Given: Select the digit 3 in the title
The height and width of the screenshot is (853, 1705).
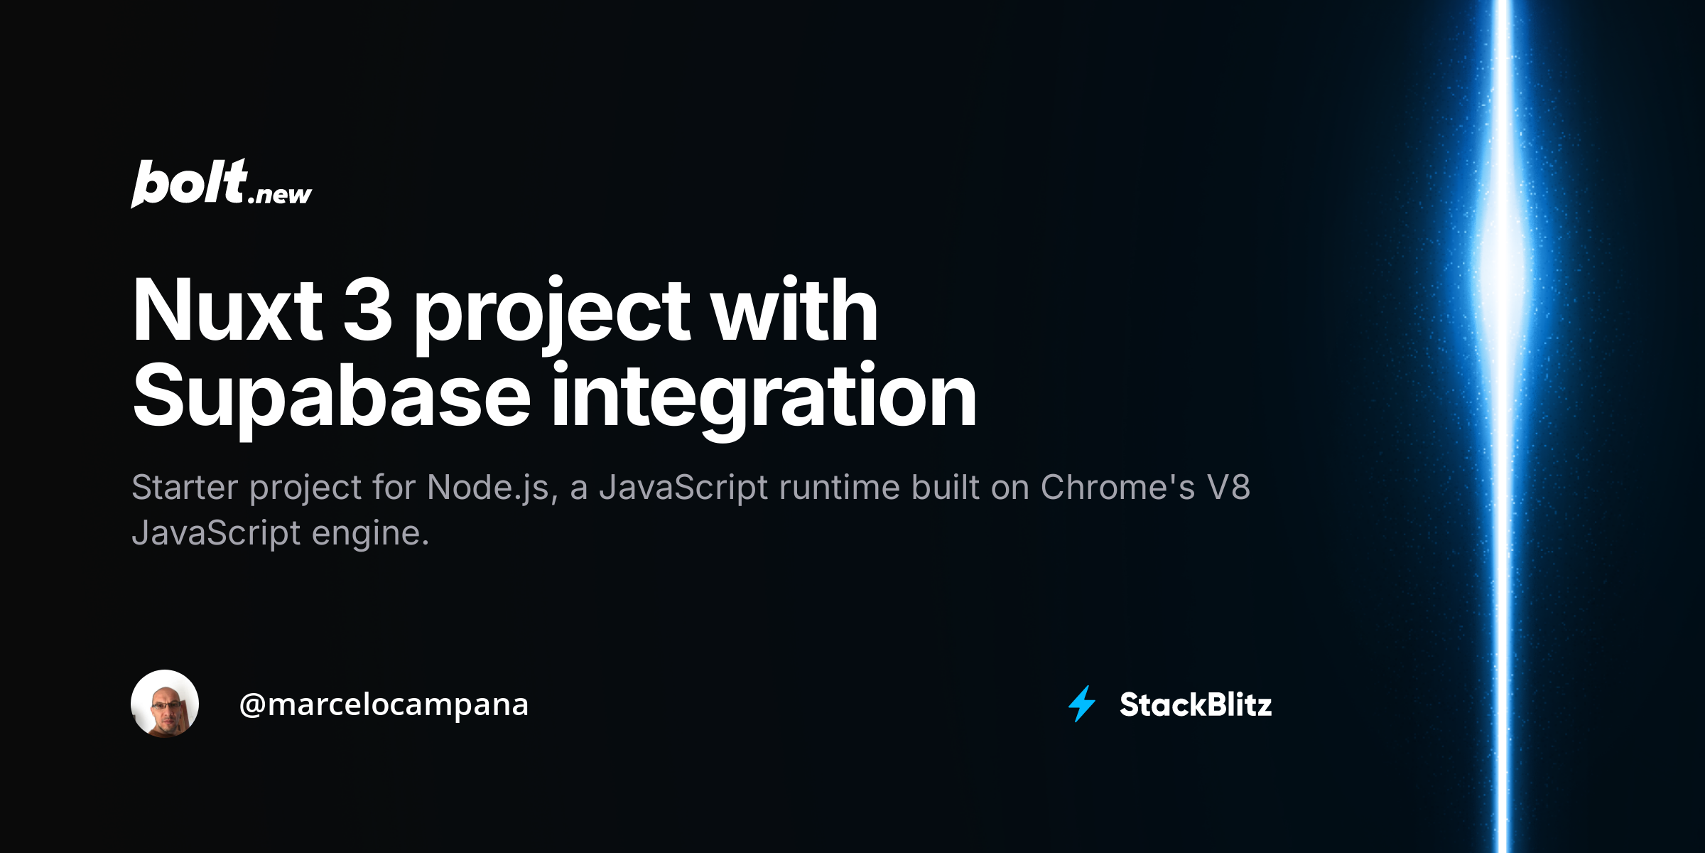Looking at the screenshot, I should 367,311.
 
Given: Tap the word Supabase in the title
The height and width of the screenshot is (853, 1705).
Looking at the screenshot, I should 331,397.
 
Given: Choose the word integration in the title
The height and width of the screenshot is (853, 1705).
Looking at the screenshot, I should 764,397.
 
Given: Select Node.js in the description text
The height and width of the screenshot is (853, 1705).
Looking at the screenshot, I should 488,488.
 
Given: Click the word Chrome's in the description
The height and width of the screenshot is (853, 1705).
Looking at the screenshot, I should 1117,488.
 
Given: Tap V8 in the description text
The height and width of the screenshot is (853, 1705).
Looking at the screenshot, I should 1228,488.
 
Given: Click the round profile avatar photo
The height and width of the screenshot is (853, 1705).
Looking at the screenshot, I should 165,704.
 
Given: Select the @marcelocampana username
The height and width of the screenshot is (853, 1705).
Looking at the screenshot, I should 384,704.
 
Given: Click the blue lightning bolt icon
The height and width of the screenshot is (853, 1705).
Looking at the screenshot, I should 1082,704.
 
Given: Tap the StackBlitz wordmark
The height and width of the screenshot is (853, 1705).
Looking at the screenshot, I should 1196,704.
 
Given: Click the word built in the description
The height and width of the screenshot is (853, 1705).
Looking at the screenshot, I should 946,488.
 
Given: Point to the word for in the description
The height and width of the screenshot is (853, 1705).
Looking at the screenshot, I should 394,488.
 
